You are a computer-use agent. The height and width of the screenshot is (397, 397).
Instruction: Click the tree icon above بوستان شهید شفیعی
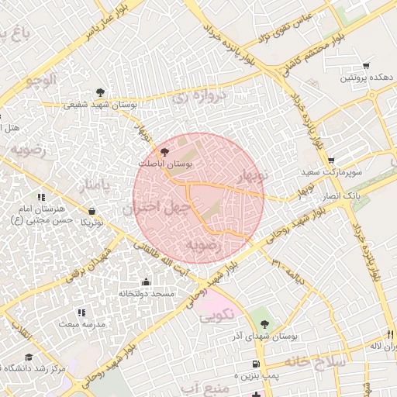pos(98,92)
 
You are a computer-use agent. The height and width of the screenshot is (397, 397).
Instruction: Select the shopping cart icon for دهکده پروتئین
pos(366,66)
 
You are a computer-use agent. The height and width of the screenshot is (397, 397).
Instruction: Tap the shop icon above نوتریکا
pos(92,211)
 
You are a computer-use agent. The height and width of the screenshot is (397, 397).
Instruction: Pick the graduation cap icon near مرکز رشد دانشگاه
pos(29,357)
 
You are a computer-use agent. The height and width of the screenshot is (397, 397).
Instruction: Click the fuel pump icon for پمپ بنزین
pos(255,364)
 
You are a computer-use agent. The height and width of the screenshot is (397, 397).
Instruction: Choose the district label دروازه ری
pos(191,98)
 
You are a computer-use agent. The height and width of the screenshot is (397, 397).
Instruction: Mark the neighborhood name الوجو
pos(41,80)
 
